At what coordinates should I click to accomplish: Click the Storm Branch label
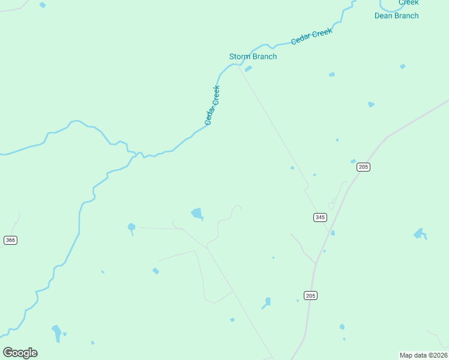253,56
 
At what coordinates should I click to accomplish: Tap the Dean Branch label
396,16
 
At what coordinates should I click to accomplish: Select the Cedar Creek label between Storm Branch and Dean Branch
311,37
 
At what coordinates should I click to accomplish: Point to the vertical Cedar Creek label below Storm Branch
212,105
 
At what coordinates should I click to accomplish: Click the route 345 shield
320,217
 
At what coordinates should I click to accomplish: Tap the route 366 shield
10,240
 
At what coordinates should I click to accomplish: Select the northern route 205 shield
363,167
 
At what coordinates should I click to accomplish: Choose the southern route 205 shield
310,295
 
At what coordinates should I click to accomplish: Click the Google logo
20,353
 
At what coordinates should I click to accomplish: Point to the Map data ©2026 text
423,355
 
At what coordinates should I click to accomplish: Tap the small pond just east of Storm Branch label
248,69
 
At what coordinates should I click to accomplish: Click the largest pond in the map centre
197,213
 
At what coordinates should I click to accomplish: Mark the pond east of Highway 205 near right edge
419,233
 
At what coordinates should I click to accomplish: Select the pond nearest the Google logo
56,332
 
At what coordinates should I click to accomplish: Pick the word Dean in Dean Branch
384,16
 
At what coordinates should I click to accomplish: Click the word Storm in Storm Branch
240,56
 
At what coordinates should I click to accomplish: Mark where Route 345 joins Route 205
330,231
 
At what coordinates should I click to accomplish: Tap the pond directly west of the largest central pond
131,227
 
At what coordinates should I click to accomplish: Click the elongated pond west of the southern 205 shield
267,302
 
